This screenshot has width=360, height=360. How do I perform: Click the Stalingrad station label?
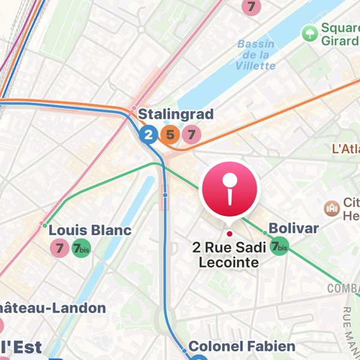click(176, 114)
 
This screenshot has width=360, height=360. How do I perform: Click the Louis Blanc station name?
click(90, 230)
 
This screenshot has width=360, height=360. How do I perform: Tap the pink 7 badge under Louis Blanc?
click(59, 248)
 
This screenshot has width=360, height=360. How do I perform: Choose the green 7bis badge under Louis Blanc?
click(81, 248)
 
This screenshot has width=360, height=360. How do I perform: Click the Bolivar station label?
click(293, 229)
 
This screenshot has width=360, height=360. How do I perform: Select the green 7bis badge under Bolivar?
click(279, 246)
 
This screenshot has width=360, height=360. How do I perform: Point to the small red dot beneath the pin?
click(229, 233)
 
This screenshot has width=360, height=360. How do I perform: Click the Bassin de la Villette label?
click(256, 55)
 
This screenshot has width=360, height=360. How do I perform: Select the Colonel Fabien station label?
click(242, 346)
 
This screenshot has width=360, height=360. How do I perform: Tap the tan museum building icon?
click(331, 208)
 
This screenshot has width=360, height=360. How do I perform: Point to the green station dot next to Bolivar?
click(264, 233)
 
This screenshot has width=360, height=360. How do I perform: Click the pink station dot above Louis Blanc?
click(42, 224)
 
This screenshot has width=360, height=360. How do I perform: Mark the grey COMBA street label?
click(343, 289)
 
